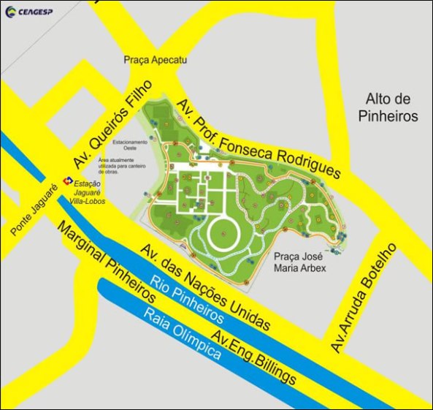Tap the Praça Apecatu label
(156, 61)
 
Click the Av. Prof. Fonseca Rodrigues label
(256, 137)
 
